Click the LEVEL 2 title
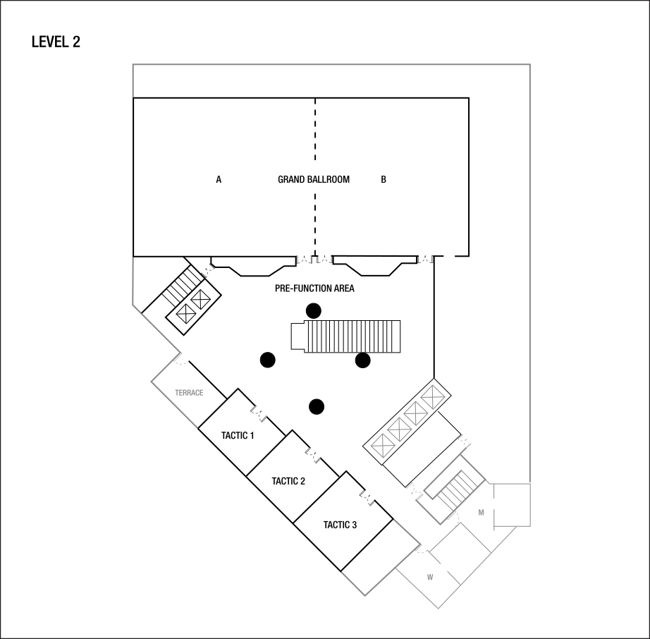56,42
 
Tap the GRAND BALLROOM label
314,180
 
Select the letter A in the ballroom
219,180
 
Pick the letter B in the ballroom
384,180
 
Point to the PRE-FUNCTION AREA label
314,288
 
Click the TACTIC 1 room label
238,435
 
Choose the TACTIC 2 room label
288,481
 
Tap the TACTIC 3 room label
340,525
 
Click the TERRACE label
189,393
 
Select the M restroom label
481,513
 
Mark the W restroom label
430,577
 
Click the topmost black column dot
314,310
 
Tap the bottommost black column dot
317,407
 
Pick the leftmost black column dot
268,360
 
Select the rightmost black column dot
363,360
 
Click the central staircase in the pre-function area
345,336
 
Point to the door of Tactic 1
258,413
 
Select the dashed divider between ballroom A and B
315,177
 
